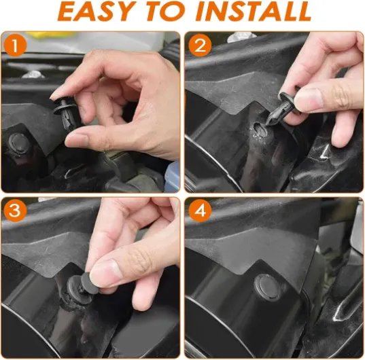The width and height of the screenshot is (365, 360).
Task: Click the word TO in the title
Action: tap(164, 12)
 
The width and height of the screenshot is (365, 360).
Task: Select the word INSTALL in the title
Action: tap(254, 12)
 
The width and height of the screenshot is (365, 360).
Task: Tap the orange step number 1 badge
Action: tap(16, 46)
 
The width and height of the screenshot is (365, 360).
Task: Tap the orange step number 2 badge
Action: tap(200, 46)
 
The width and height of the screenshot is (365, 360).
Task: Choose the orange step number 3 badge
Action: tap(16, 211)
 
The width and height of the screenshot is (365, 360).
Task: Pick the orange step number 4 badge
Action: tap(200, 211)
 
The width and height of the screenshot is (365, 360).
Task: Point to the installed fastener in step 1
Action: tap(18, 143)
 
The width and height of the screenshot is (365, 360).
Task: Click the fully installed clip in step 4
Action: tap(266, 287)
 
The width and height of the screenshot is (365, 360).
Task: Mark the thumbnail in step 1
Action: tap(77, 140)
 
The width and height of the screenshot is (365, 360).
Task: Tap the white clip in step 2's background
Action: tap(241, 37)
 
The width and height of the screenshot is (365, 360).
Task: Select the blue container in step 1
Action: tap(172, 177)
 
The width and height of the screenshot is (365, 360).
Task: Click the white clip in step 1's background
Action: tap(33, 74)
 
